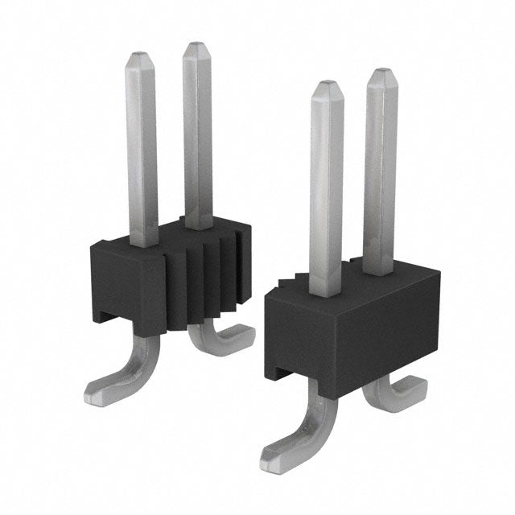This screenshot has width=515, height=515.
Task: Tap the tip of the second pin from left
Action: coord(196,47)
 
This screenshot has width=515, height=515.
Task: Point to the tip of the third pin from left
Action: coord(327,86)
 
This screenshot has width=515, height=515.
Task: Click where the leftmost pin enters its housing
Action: coord(143,241)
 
